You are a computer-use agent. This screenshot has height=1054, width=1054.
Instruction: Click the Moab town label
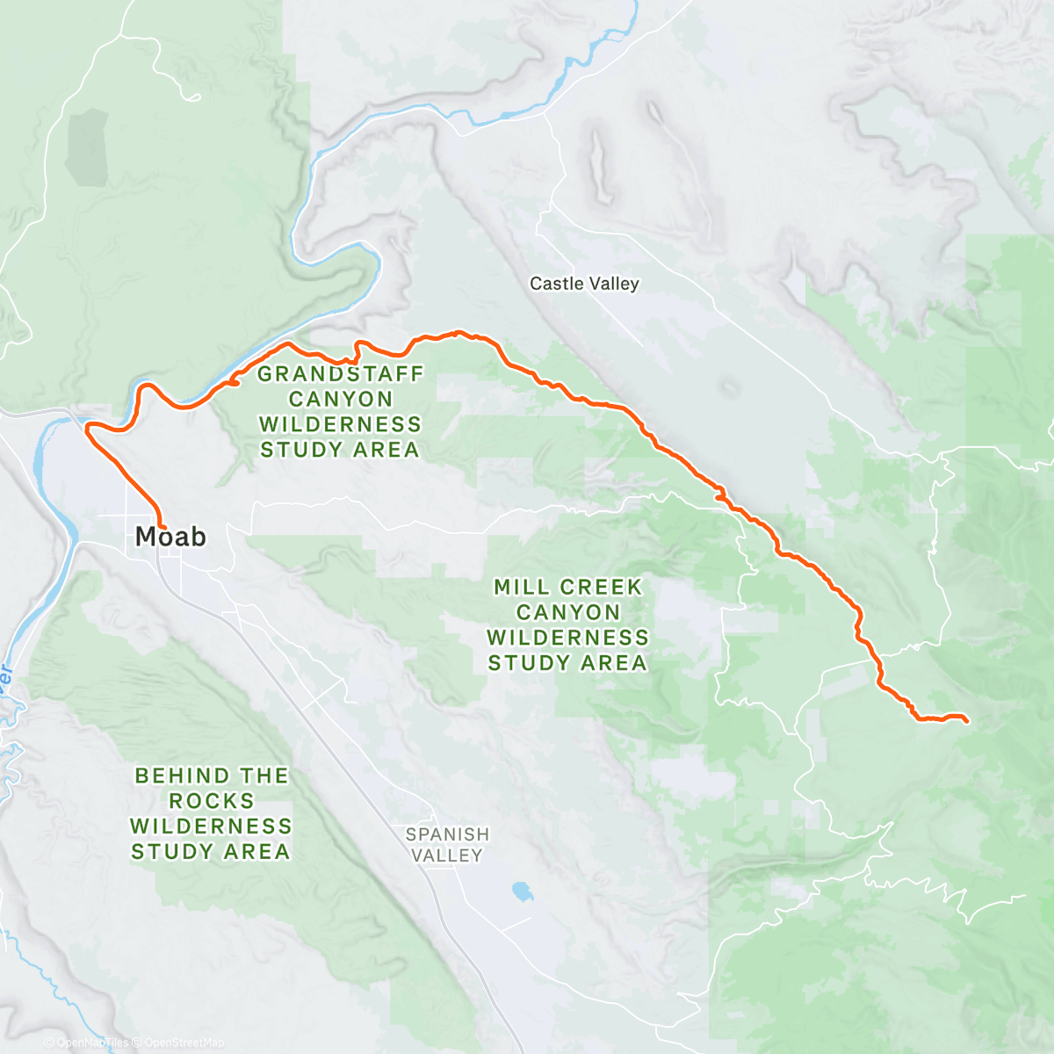click(170, 536)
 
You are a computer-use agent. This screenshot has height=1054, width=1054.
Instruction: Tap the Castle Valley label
click(584, 284)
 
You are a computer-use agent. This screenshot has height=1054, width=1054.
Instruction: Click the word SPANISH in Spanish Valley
click(447, 834)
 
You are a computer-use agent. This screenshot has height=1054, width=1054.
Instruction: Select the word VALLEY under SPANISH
click(447, 855)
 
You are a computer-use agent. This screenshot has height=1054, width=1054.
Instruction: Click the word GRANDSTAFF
click(341, 374)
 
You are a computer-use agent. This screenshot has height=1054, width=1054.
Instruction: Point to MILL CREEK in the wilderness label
click(568, 587)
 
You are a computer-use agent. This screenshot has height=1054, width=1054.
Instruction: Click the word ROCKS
click(212, 801)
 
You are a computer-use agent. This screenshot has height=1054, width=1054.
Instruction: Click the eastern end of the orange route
click(966, 721)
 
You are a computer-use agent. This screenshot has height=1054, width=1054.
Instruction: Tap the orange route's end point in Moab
click(162, 525)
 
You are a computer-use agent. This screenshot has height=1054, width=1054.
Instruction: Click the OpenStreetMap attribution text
click(184, 1043)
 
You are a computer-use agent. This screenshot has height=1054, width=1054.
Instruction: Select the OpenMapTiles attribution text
click(92, 1043)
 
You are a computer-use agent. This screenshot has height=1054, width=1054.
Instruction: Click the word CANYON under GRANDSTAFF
click(341, 400)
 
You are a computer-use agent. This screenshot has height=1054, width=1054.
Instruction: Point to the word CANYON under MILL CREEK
click(568, 612)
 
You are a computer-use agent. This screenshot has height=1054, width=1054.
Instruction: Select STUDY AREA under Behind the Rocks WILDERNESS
click(211, 852)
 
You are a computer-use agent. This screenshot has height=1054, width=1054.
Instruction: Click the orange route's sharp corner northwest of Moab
click(87, 428)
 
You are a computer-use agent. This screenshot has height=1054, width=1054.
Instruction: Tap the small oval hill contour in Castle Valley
click(729, 386)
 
